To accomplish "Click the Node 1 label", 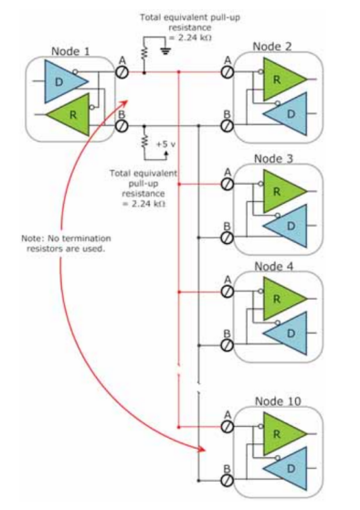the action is (x=70, y=51).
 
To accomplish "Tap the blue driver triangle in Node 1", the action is (x=62, y=81).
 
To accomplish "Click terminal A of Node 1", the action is (x=122, y=72).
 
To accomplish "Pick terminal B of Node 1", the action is (x=122, y=125).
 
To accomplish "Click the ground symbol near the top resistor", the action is (x=166, y=50).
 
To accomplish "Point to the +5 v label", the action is (x=166, y=144).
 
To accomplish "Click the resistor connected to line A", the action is (x=144, y=53).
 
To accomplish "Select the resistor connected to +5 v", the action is (x=144, y=141).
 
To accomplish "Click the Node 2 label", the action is (x=272, y=47).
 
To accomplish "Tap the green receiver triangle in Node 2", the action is (x=282, y=79).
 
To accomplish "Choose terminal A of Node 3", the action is (x=228, y=184).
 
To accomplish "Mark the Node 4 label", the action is (x=273, y=267).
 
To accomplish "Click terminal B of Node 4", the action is (x=228, y=345).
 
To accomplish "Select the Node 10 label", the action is (x=278, y=401).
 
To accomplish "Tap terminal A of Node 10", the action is (x=228, y=427).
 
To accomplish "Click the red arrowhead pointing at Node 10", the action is (x=201, y=449).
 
